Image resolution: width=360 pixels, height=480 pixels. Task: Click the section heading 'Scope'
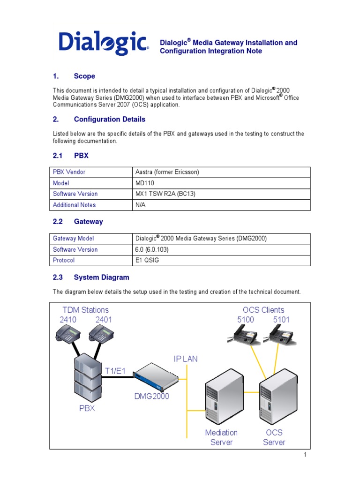click(x=84, y=76)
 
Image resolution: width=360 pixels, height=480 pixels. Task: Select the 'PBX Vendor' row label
click(x=69, y=172)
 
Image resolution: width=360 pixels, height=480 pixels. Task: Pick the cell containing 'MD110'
click(x=144, y=183)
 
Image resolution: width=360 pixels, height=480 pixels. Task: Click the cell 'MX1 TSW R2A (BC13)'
click(x=163, y=194)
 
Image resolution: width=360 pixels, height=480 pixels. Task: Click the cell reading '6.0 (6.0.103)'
click(x=151, y=249)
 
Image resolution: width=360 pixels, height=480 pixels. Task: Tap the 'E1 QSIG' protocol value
click(x=147, y=260)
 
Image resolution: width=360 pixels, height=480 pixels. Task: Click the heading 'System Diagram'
click(x=101, y=277)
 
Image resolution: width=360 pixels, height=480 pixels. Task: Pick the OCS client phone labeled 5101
click(x=280, y=335)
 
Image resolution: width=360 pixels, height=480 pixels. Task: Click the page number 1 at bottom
click(x=305, y=455)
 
